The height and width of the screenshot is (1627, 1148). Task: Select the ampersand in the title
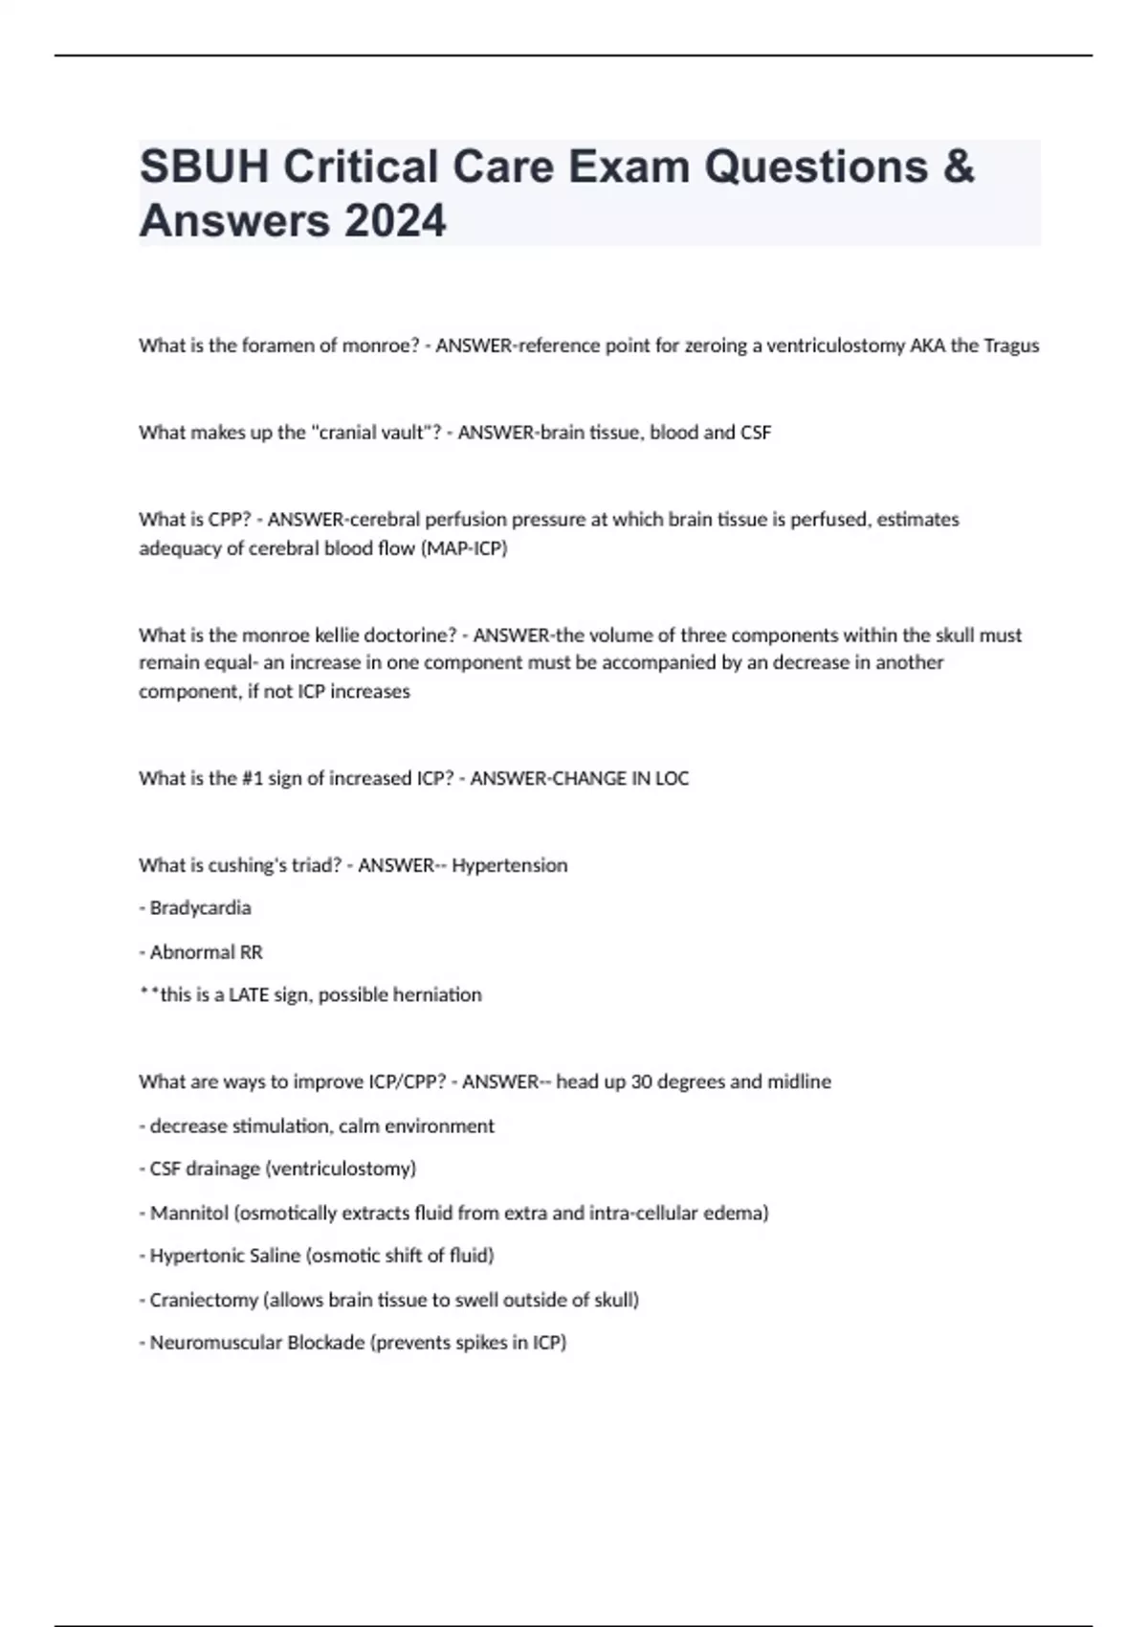tap(959, 167)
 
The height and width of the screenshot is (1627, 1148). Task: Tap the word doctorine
tap(412, 635)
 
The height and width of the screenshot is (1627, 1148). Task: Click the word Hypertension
tap(509, 865)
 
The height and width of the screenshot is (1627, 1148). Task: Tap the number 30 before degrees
tap(642, 1082)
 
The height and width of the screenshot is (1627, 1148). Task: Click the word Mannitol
tap(189, 1214)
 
